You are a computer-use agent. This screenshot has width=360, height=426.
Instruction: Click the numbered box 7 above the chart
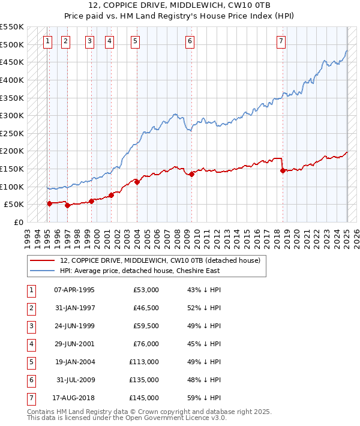pos(281,41)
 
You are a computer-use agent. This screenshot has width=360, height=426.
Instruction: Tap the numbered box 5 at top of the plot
pos(135,41)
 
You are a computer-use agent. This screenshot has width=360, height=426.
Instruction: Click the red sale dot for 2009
pos(192,174)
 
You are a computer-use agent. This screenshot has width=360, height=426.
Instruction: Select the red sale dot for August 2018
pos(283,170)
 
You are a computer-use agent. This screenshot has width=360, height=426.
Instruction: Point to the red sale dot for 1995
pos(49,203)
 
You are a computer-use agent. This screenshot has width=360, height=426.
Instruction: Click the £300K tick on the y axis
pos(12,115)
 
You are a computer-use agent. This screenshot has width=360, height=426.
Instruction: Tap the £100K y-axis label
pos(12,187)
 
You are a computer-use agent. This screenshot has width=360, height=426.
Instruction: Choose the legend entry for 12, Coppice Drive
pos(160,260)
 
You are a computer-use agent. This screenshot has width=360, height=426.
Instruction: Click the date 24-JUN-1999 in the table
pos(74,326)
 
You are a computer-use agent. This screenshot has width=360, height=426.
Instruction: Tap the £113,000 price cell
pos(144,362)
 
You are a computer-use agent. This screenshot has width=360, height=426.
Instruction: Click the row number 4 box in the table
pos(31,344)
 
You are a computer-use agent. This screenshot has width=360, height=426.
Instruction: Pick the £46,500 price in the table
pos(146,308)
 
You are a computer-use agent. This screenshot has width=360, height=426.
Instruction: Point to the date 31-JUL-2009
pos(76,380)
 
